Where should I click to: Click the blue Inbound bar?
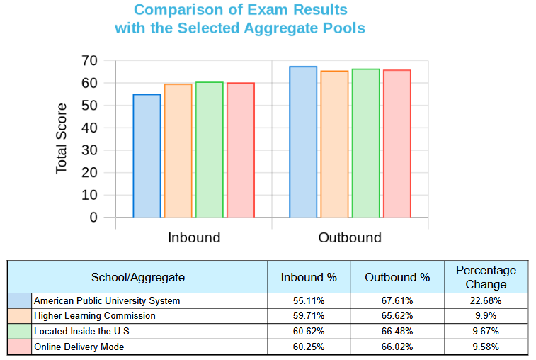pos(147,156)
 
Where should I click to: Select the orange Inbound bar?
pos(178,151)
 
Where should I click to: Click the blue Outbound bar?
pos(303,142)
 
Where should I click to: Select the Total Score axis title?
pos(62,139)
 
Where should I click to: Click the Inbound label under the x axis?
pos(194,237)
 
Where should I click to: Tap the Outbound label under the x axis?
pos(350,237)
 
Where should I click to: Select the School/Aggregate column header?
pos(138,277)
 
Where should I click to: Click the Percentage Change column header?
pos(486,277)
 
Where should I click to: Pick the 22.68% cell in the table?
pos(486,300)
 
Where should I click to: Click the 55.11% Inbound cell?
pos(309,300)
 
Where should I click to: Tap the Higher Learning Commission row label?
pos(95,316)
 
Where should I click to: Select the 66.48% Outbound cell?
pos(397,331)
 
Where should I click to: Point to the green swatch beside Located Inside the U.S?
pos(20,331)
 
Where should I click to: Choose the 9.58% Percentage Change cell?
pos(486,347)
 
